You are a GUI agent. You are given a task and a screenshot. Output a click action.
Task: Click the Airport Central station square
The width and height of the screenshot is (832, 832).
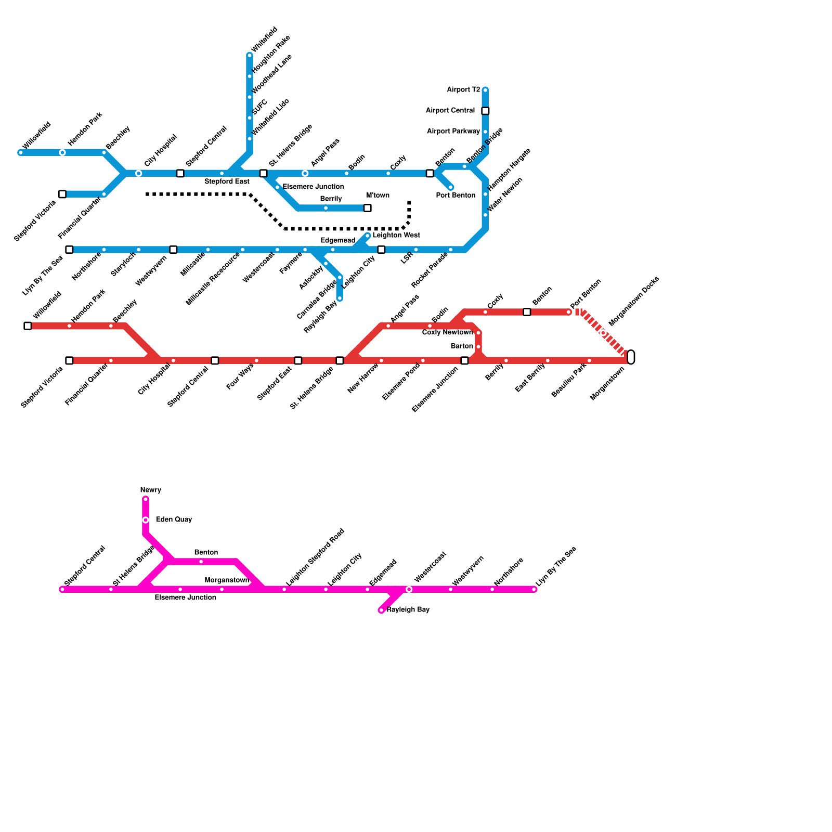click(485, 111)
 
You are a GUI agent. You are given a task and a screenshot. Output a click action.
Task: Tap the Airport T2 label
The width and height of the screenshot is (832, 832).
click(463, 90)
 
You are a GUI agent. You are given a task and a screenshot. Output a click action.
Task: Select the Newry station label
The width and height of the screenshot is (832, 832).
click(151, 490)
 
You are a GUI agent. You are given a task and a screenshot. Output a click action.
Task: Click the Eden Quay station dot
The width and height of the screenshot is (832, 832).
click(146, 520)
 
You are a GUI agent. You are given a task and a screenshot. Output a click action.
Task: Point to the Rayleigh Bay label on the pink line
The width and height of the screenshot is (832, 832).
click(408, 610)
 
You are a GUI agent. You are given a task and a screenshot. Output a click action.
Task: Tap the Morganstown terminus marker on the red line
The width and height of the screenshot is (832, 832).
click(631, 357)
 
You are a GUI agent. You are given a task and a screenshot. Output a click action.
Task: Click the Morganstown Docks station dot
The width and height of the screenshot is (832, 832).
click(603, 333)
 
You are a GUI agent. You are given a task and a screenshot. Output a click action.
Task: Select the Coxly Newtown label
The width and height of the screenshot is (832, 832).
click(447, 333)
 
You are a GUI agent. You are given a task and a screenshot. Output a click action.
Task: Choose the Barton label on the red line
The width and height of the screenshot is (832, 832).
click(462, 346)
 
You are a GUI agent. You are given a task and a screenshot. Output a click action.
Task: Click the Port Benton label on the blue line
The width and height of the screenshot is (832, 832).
click(456, 196)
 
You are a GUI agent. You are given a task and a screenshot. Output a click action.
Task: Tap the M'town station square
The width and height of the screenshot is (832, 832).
click(368, 208)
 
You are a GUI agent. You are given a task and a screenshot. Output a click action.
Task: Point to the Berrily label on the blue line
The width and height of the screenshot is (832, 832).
click(331, 199)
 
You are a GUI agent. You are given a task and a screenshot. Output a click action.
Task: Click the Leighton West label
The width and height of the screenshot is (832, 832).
click(396, 236)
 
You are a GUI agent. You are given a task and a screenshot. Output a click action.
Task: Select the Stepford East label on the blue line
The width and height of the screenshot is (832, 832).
click(227, 182)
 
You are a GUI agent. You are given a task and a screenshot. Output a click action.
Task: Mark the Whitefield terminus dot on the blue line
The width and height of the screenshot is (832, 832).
click(250, 56)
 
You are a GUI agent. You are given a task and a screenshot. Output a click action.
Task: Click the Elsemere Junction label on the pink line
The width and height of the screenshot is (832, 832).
click(185, 598)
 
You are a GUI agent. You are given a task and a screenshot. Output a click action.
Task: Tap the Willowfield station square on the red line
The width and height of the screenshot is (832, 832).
click(28, 326)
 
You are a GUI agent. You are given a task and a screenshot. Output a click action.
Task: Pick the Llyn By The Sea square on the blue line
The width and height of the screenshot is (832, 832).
click(69, 250)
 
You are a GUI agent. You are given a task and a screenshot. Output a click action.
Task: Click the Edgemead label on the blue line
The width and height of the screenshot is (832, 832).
click(337, 241)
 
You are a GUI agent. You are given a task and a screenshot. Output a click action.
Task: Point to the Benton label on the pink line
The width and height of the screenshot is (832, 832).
click(206, 553)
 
